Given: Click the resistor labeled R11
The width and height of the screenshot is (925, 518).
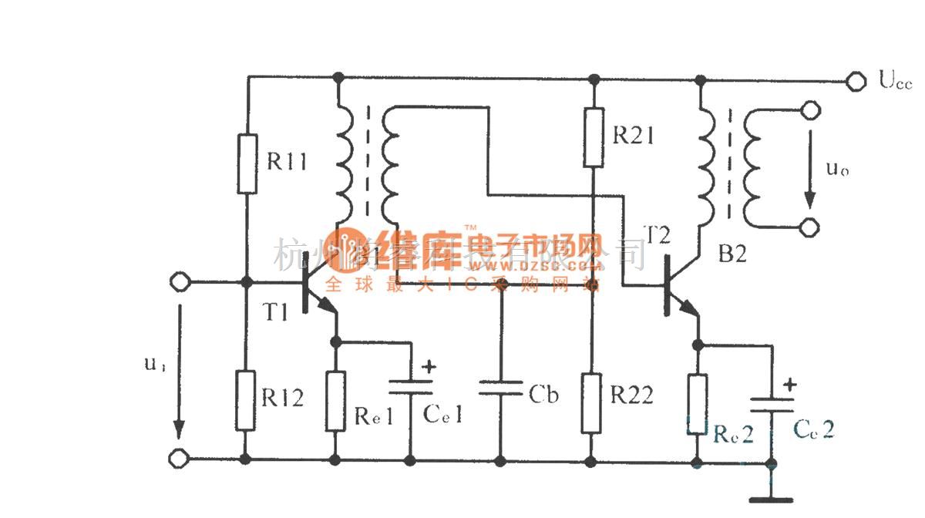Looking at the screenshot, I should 246,163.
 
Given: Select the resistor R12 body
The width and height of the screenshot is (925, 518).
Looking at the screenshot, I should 246,400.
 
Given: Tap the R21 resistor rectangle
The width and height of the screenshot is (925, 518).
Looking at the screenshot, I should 593,137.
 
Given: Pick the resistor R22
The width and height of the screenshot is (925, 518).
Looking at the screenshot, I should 591,402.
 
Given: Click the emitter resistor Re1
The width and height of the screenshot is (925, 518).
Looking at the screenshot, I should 335,401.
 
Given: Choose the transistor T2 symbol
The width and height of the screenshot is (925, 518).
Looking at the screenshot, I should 677,289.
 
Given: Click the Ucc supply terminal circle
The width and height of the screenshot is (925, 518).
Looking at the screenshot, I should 854,81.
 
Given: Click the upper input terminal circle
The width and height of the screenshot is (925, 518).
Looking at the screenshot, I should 180,282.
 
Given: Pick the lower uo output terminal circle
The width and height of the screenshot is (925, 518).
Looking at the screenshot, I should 809,227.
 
